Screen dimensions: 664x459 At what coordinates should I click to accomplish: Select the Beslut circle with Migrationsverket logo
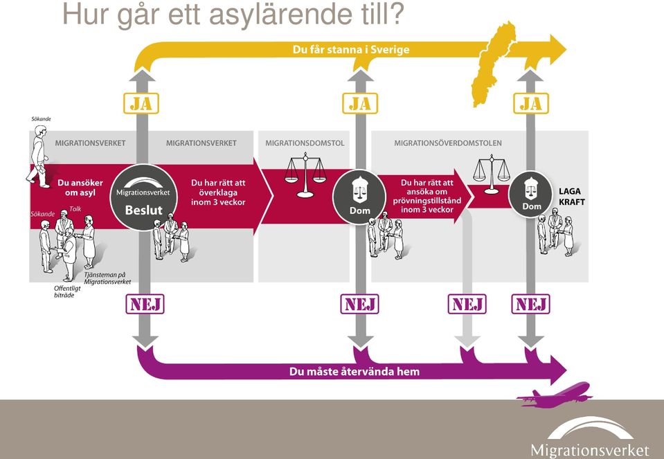pyautogui.click(x=143, y=197)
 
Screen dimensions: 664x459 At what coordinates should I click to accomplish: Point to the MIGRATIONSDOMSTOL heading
pyautogui.click(x=305, y=143)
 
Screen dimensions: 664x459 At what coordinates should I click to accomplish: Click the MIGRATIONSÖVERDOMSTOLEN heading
pyautogui.click(x=448, y=143)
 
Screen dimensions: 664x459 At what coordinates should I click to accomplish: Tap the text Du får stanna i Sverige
pyautogui.click(x=351, y=50)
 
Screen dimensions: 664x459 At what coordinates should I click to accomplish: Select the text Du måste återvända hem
pyautogui.click(x=355, y=372)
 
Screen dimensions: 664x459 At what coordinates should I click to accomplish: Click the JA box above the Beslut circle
pyautogui.click(x=141, y=103)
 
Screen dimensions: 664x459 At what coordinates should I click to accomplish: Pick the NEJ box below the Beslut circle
pyautogui.click(x=145, y=304)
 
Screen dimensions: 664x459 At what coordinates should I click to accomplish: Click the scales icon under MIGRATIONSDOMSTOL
pyautogui.click(x=305, y=176)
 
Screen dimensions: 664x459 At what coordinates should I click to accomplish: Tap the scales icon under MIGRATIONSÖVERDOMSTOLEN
pyautogui.click(x=491, y=174)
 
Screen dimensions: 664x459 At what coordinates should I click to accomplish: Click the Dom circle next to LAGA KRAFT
pyautogui.click(x=532, y=195)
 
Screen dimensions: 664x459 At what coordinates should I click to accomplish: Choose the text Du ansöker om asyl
pyautogui.click(x=80, y=188)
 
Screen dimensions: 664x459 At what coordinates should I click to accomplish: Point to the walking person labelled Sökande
pyautogui.click(x=39, y=156)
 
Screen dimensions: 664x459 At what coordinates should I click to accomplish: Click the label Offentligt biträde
pyautogui.click(x=67, y=291)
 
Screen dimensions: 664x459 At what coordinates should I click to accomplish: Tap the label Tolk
pyautogui.click(x=75, y=209)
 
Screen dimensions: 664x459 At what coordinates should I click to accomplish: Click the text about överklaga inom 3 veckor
pyautogui.click(x=218, y=192)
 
